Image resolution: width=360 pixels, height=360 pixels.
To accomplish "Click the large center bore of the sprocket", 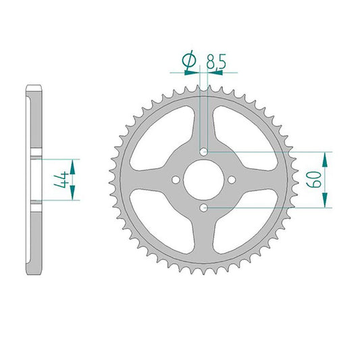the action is coord(203,180).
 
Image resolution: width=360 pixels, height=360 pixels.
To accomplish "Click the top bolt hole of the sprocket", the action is coord(204,152).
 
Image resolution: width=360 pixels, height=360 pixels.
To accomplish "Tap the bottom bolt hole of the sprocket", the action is coord(203,208).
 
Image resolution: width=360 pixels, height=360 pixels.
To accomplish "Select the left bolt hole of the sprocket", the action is coord(176,180).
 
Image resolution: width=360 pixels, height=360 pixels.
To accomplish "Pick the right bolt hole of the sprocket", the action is coord(232,180).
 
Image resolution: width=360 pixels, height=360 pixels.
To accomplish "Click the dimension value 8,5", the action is coord(216,61).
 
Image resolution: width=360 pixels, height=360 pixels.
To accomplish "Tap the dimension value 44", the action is coord(61,180).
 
